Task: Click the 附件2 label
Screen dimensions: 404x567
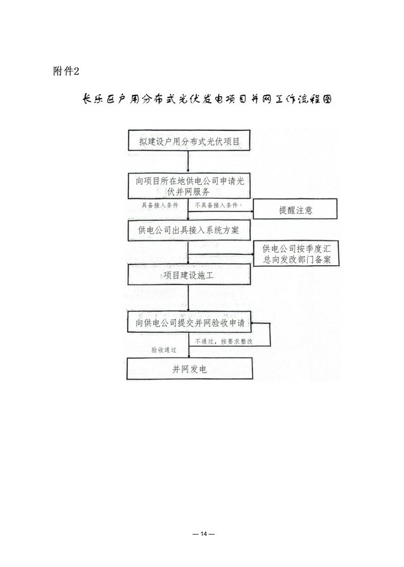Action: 66,71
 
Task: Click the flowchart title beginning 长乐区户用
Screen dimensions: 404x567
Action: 206,99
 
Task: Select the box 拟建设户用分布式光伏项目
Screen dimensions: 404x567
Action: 189,140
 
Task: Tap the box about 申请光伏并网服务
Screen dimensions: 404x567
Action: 189,186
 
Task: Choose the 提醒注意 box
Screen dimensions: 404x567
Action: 295,209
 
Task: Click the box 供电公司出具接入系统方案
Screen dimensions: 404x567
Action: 189,230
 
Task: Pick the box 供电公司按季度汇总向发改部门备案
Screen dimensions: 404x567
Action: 296,254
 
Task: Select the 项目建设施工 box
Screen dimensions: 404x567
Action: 189,275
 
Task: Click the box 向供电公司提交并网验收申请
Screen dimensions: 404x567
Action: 189,322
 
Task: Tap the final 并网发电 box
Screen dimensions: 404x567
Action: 189,368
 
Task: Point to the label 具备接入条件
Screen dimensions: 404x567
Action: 160,206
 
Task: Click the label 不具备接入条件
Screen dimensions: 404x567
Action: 217,206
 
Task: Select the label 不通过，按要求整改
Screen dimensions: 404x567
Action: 224,341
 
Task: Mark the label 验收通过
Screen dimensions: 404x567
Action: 163,350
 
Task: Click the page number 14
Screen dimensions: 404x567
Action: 203,534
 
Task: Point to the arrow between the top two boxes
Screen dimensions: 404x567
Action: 188,161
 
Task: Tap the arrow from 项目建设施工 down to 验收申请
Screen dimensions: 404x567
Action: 188,298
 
